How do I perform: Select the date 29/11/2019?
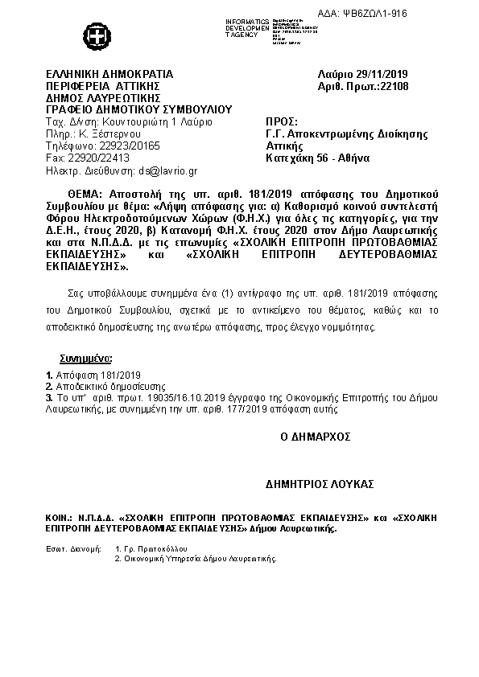coord(372,75)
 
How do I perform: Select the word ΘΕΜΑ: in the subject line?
coord(85,195)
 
